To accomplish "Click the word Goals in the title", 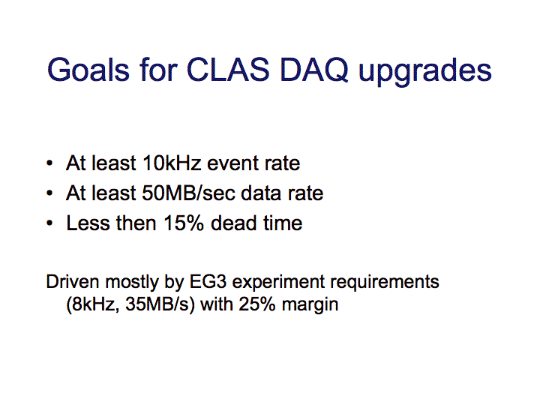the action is point(88,70).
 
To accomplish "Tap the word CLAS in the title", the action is point(228,70).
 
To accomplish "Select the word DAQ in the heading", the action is point(314,71).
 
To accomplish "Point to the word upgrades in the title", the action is point(425,73).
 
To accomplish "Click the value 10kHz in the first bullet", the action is point(172,163).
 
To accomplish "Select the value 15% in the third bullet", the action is point(184,223).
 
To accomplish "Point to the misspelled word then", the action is point(136,223).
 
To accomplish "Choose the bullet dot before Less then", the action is point(49,223).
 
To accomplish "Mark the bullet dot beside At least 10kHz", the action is point(49,163).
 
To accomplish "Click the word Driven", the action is point(72,282).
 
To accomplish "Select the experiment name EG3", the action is point(208,282).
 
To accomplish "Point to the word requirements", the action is point(385,283).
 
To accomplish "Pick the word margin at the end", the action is point(310,306).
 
